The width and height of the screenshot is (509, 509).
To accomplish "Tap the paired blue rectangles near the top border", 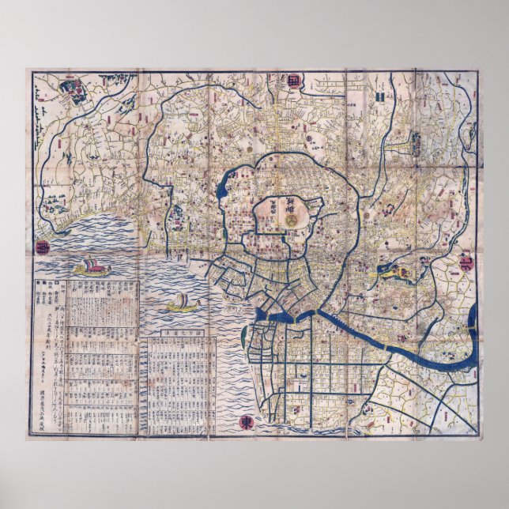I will [381, 95].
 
